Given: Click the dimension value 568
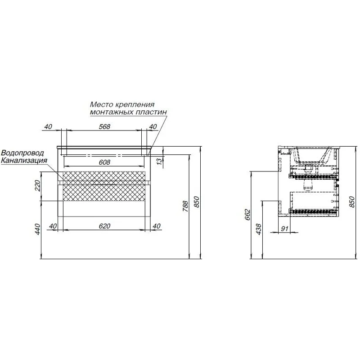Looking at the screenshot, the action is [x=104, y=127].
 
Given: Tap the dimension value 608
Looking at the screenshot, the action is [x=104, y=162].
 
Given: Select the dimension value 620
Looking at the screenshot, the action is [x=104, y=226].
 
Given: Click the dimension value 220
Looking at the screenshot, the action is [x=38, y=186].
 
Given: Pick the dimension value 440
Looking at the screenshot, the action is [x=38, y=229].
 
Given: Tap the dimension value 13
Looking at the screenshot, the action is [x=159, y=161].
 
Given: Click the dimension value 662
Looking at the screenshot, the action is [x=247, y=215].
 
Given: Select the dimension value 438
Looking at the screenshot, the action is [x=258, y=229].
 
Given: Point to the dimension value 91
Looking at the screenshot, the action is [x=284, y=229].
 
